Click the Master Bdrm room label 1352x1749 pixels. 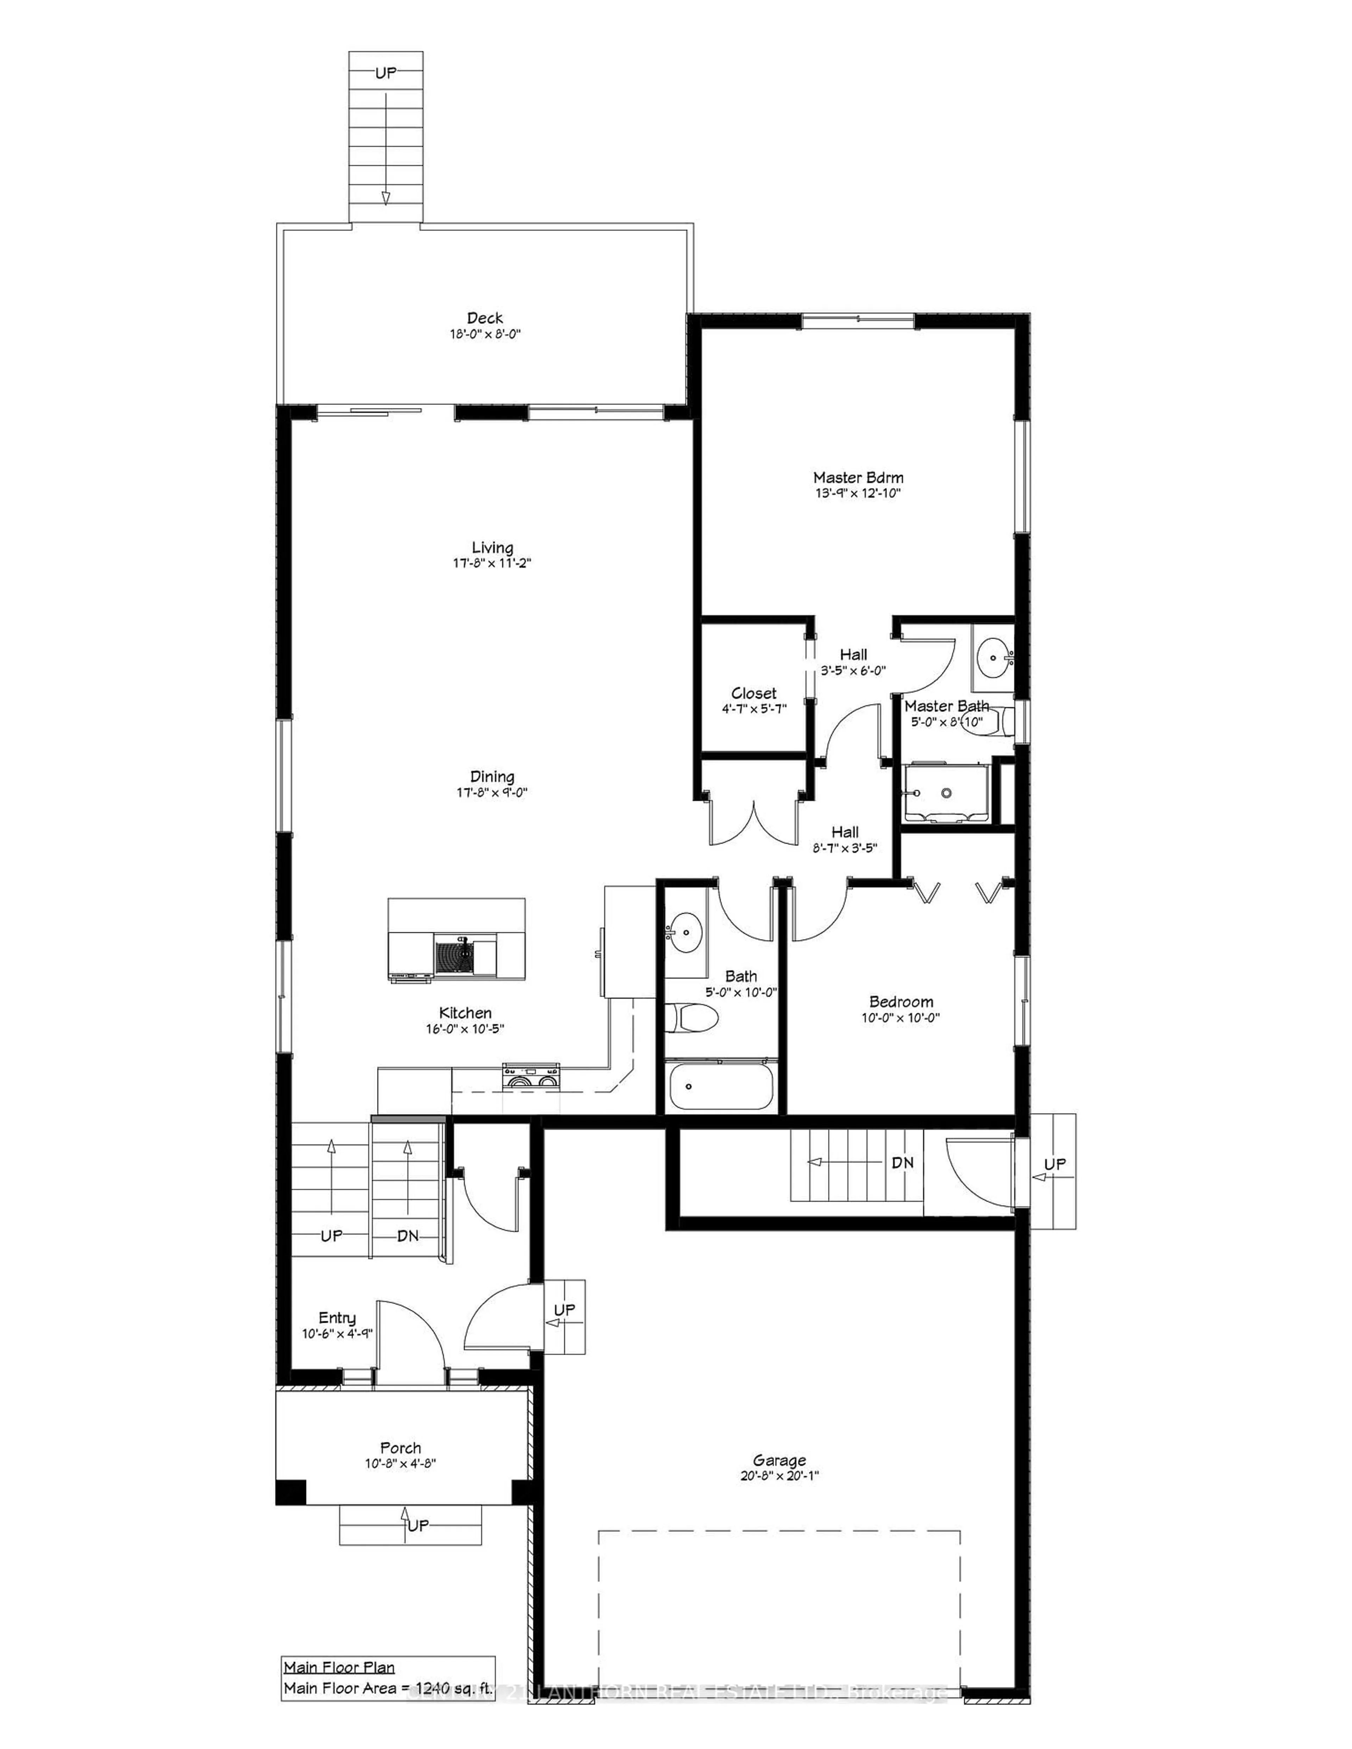point(858,477)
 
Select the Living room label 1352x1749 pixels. point(492,548)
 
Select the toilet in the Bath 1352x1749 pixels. point(693,1018)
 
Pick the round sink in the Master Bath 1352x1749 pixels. point(993,658)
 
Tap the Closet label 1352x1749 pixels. point(753,694)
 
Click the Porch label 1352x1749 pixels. point(400,1448)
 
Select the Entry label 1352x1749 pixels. point(337,1318)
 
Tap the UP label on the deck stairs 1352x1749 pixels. point(385,73)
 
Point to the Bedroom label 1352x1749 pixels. point(901,1002)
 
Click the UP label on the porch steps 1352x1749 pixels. point(417,1525)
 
